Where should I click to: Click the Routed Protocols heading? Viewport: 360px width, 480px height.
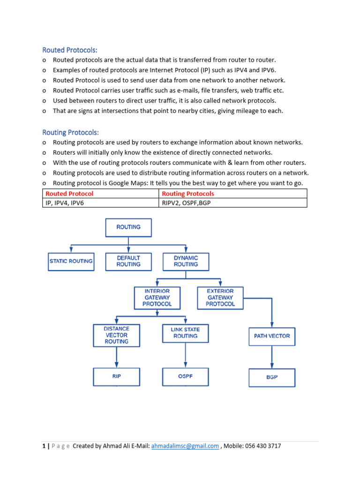point(70,50)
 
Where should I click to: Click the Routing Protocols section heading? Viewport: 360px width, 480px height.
point(71,133)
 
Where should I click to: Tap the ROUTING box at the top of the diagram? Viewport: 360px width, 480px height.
point(128,227)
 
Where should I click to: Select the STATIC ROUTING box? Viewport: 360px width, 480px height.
point(71,261)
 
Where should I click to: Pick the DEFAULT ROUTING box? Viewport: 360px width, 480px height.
point(128,261)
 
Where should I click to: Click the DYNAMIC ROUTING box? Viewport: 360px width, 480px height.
point(186,261)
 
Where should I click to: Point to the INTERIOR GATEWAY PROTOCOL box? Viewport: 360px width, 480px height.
point(157,298)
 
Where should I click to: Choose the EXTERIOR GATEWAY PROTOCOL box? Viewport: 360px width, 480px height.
point(220,298)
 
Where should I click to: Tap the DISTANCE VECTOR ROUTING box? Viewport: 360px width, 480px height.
point(116,335)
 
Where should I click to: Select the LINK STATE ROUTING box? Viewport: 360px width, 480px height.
point(186,333)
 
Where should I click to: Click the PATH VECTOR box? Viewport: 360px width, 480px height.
point(272,336)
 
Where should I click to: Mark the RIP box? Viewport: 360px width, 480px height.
point(116,376)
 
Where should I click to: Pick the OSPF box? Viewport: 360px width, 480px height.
point(186,376)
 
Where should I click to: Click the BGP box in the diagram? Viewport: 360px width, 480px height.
point(272,377)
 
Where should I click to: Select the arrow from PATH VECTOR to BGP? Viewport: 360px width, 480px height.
point(272,357)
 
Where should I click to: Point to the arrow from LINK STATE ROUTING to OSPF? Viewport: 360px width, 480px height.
point(186,357)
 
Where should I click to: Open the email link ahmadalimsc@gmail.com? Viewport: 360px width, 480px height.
point(185,446)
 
